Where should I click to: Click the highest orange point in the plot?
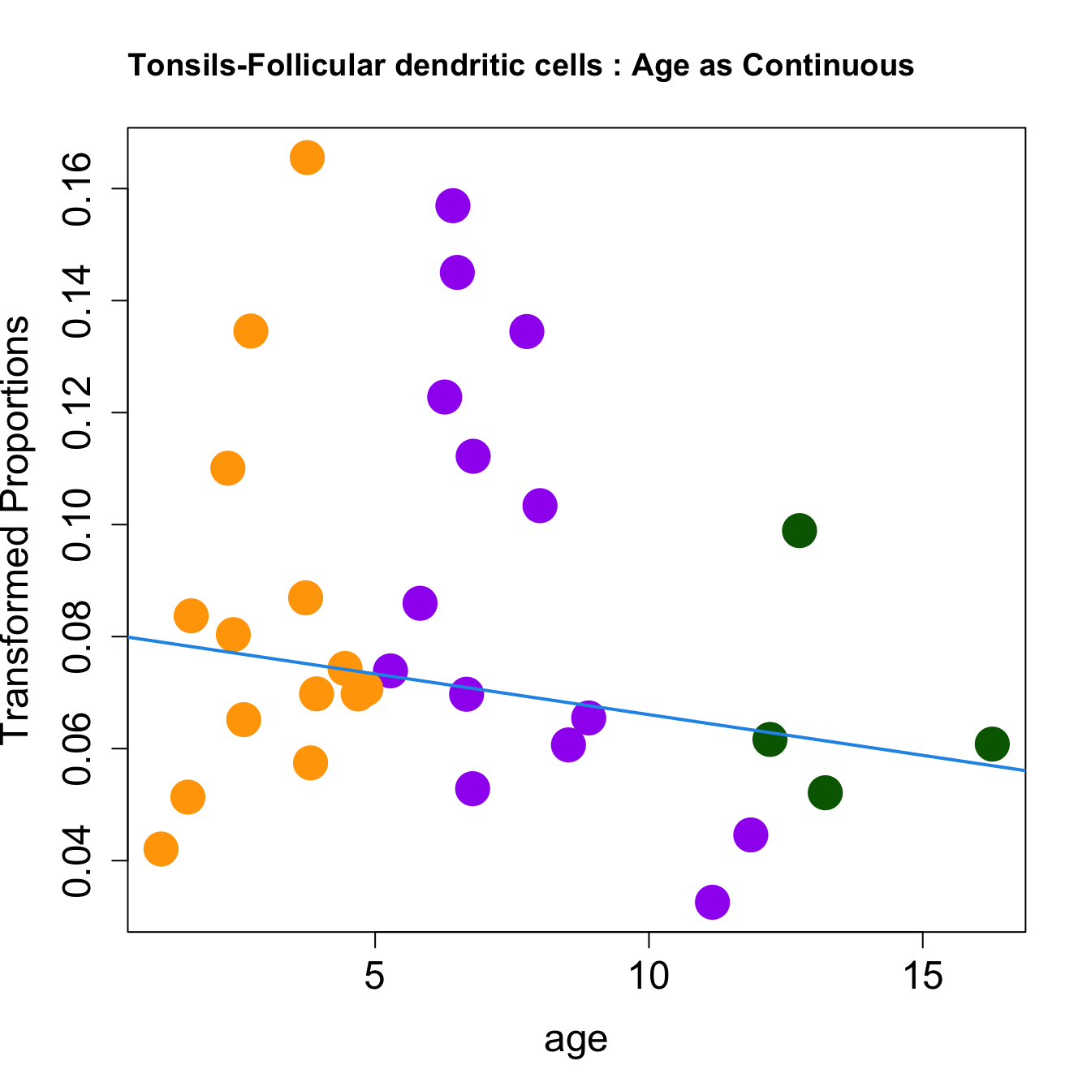[307, 157]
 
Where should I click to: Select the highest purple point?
[453, 206]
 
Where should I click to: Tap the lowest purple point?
[712, 902]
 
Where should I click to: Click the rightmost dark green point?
[992, 744]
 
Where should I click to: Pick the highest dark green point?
[800, 531]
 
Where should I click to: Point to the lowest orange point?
[161, 849]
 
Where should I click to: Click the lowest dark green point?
[825, 792]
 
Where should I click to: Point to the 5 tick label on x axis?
[374, 977]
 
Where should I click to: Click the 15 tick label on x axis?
[923, 977]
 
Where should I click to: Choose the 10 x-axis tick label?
[649, 977]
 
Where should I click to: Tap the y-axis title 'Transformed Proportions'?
[16, 529]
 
